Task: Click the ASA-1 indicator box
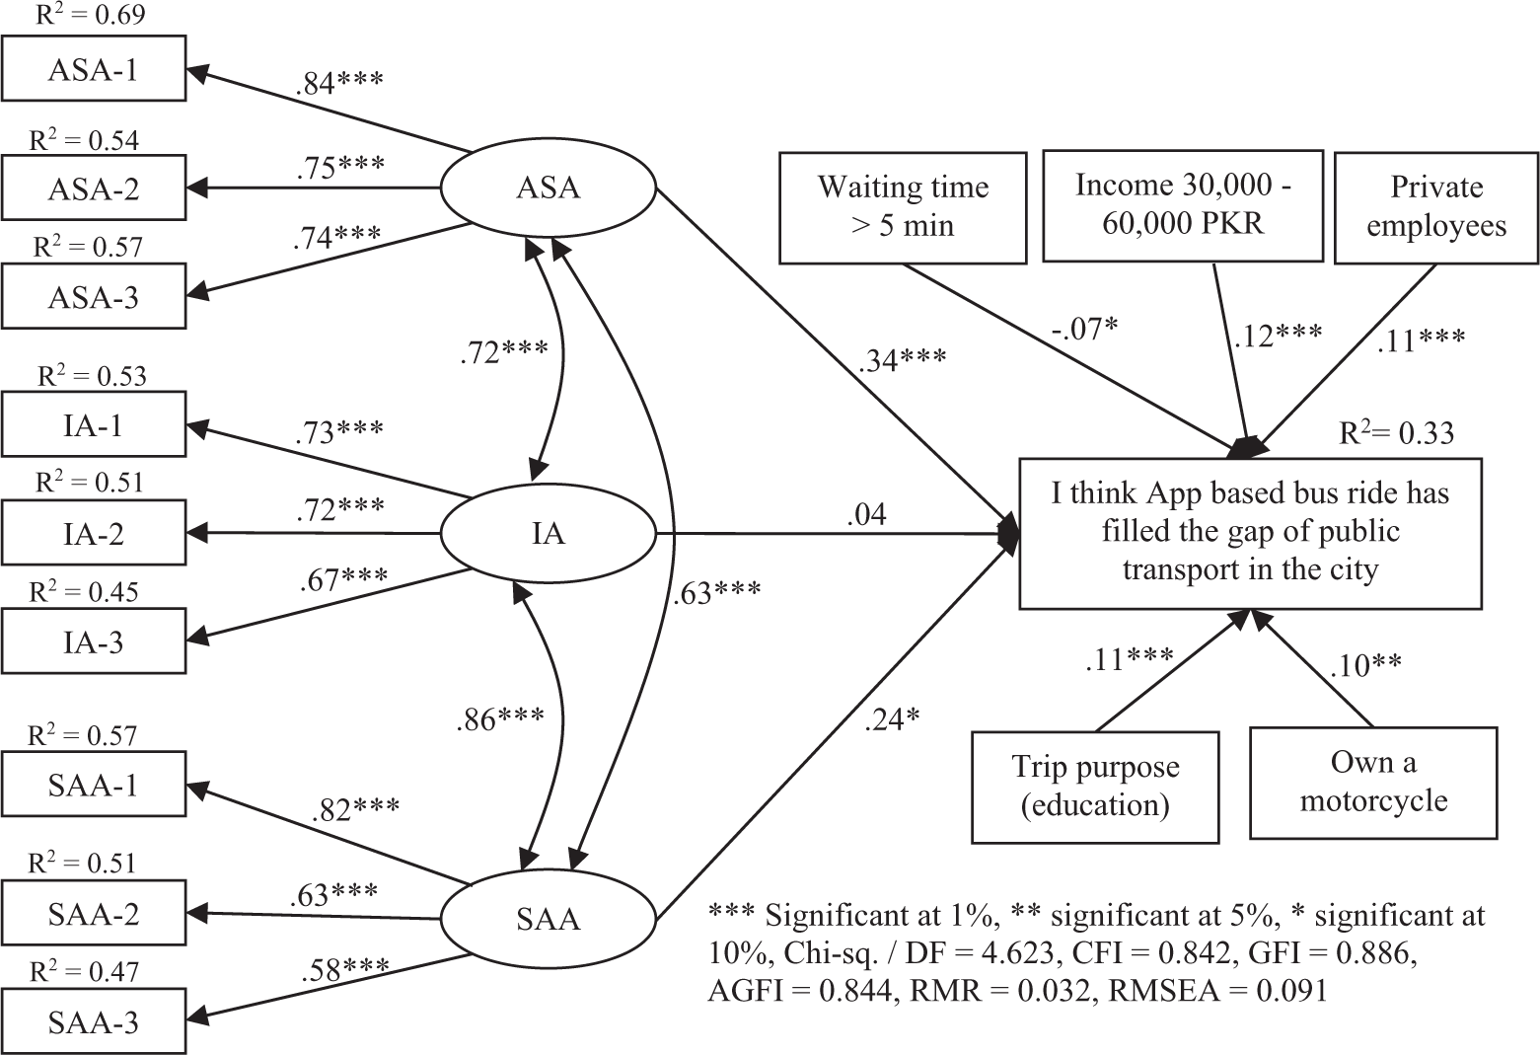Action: [94, 69]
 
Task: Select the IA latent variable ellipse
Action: [548, 534]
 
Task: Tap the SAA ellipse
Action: [548, 919]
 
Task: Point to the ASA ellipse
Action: [548, 188]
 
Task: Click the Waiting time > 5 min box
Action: [903, 207]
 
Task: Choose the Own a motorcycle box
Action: [1373, 783]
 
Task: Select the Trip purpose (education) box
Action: [1095, 787]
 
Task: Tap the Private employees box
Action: [1436, 207]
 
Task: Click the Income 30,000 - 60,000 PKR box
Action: [1183, 205]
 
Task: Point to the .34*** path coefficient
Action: [902, 358]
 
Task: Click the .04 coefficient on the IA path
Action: [866, 514]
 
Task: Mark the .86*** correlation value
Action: [500, 719]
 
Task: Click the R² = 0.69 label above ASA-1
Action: [90, 14]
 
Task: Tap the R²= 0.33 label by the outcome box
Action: [1396, 432]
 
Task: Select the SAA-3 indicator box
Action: [94, 1021]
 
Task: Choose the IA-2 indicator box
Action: [94, 532]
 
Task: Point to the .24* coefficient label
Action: [891, 719]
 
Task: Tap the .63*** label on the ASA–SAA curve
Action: [716, 592]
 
